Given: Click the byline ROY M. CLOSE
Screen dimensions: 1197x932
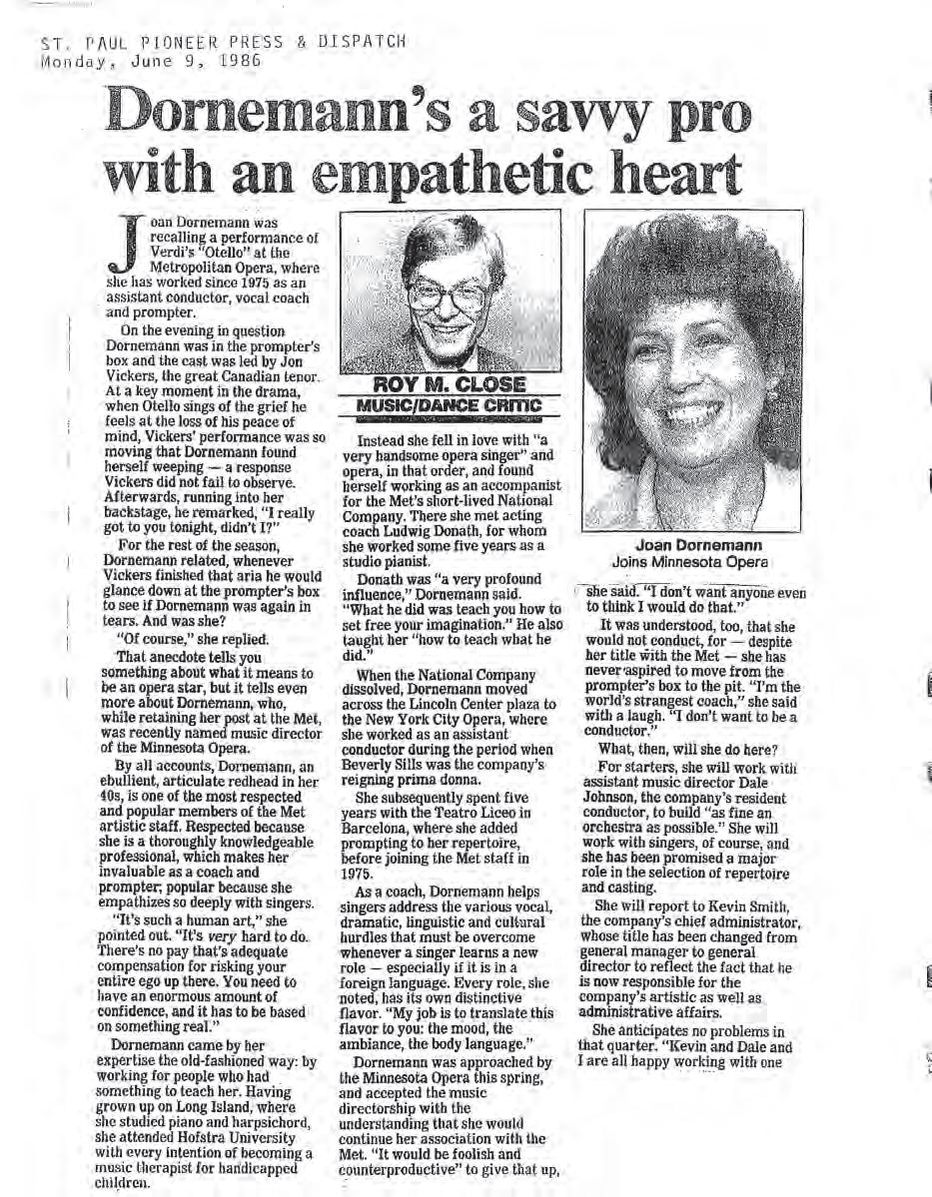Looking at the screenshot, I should point(451,384).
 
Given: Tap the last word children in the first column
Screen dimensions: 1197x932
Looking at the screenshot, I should point(136,1183).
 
